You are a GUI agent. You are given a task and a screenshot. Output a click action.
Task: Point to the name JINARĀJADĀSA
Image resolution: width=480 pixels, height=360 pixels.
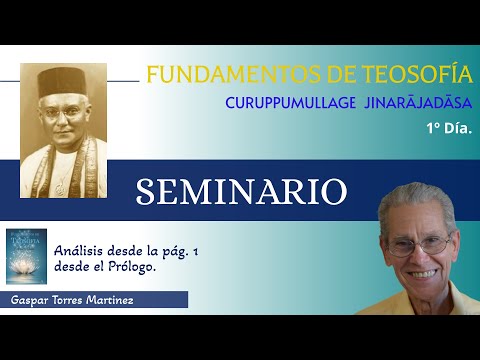[418, 103]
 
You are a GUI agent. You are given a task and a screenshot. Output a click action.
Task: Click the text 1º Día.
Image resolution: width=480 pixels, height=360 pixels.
[448, 128]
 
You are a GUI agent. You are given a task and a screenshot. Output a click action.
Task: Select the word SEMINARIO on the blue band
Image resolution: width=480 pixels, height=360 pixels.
[242, 192]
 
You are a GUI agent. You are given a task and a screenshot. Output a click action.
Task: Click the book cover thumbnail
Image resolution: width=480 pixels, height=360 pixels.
[26, 257]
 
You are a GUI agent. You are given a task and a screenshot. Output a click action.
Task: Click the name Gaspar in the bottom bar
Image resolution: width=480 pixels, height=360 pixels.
[30, 300]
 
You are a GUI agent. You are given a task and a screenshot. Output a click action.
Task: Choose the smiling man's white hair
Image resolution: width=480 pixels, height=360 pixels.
[420, 205]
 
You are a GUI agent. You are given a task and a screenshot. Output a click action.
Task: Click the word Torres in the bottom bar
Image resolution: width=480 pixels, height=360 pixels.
[74, 300]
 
